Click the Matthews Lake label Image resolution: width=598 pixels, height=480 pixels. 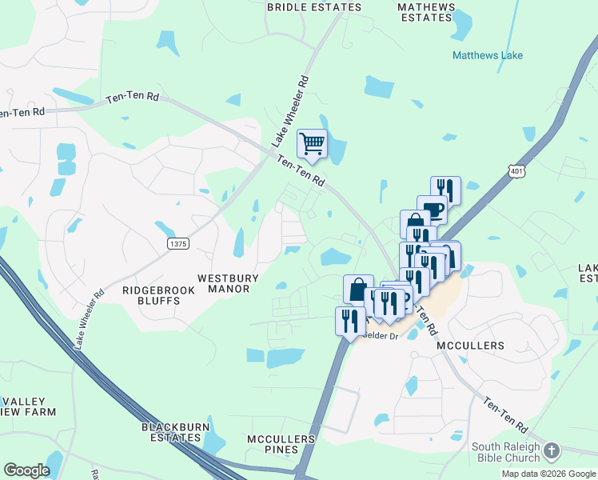click(488, 55)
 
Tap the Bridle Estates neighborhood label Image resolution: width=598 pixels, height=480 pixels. click(314, 7)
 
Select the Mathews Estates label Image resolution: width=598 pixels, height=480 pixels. click(426, 12)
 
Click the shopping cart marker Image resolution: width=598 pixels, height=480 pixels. click(312, 144)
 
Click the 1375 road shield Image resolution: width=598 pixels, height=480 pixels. click(177, 242)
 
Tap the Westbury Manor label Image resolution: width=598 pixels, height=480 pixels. click(228, 284)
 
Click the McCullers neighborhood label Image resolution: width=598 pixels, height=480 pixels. click(471, 346)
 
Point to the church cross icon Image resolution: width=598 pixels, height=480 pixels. click(552, 452)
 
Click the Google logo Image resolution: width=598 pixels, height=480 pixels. click(26, 470)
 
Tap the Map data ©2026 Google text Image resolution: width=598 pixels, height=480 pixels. click(548, 474)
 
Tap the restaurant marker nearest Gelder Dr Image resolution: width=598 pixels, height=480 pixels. click(350, 321)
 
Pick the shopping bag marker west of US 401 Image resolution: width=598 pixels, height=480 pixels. click(358, 289)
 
